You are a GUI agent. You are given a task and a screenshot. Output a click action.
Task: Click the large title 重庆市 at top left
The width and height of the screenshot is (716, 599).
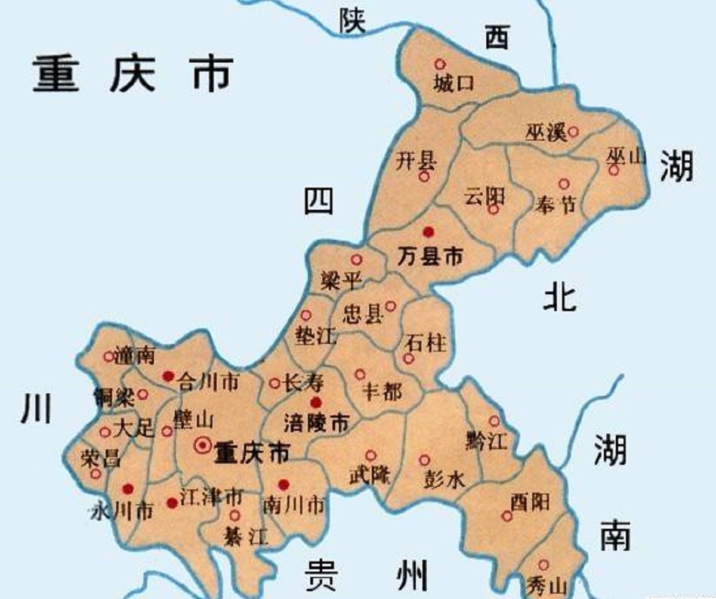tap(132, 75)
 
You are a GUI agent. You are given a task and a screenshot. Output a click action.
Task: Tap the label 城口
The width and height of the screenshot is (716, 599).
tap(454, 83)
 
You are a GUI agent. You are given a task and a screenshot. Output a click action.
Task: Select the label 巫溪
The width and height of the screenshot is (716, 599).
tap(545, 133)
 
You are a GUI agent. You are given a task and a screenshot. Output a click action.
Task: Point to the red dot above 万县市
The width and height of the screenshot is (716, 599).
tap(427, 231)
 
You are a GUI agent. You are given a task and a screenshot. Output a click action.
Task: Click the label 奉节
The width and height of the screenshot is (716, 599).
tap(555, 206)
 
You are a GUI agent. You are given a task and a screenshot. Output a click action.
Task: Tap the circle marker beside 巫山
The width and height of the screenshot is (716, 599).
tap(613, 170)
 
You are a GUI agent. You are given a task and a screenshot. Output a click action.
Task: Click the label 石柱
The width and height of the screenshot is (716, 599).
tap(425, 343)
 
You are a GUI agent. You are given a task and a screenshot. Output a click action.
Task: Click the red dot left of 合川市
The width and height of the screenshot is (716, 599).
tap(168, 376)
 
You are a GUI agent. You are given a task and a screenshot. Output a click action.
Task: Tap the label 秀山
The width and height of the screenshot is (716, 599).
tap(545, 585)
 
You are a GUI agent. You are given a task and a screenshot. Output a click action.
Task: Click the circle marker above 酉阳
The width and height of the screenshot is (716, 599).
tap(507, 516)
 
